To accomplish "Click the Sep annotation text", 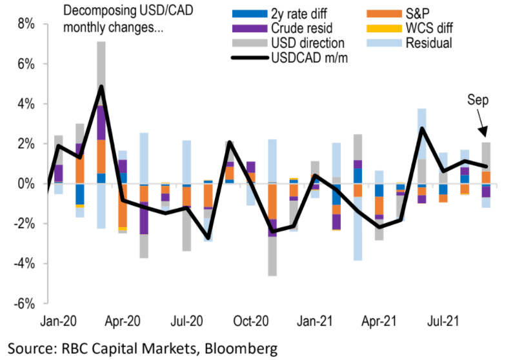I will [x=478, y=101].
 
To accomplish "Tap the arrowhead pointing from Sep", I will [x=485, y=133].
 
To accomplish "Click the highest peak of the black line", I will [x=101, y=86].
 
